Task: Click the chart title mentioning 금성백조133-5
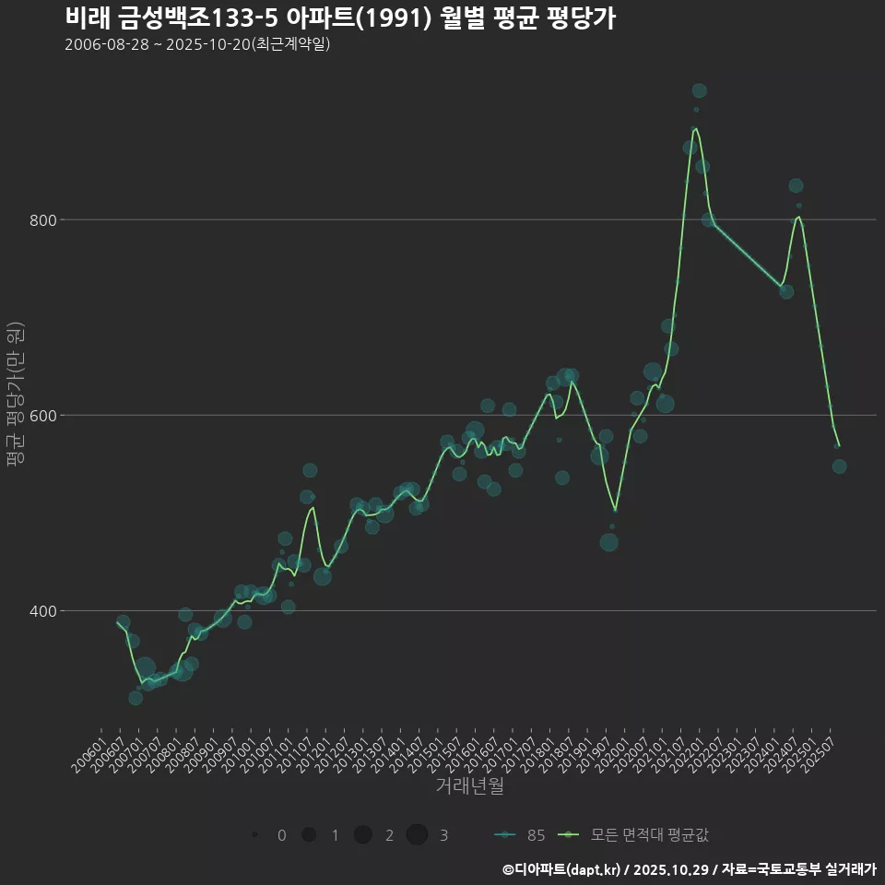tap(340, 18)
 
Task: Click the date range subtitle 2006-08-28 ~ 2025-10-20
tap(197, 44)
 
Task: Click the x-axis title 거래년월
tap(469, 786)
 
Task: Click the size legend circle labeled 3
tap(417, 835)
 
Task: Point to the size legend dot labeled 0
tap(254, 835)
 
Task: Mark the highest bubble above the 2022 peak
tap(700, 90)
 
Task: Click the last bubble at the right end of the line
tap(839, 466)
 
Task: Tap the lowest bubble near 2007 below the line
tap(136, 698)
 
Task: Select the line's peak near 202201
tap(695, 128)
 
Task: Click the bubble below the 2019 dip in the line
tap(608, 542)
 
